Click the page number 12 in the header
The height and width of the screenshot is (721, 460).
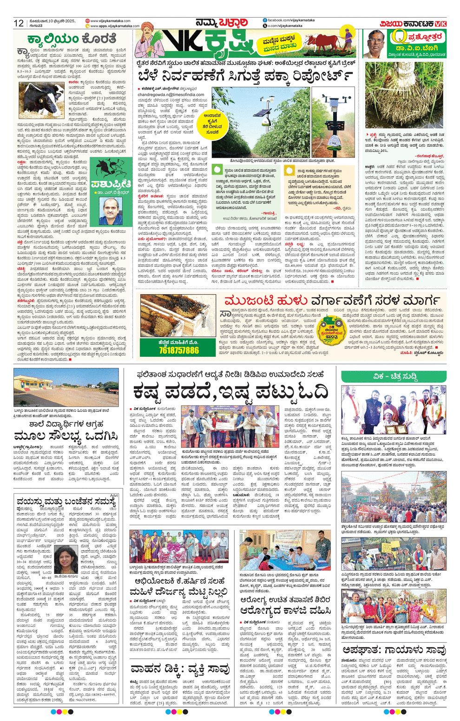(19, 23)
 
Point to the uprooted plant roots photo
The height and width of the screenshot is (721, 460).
(403, 96)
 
